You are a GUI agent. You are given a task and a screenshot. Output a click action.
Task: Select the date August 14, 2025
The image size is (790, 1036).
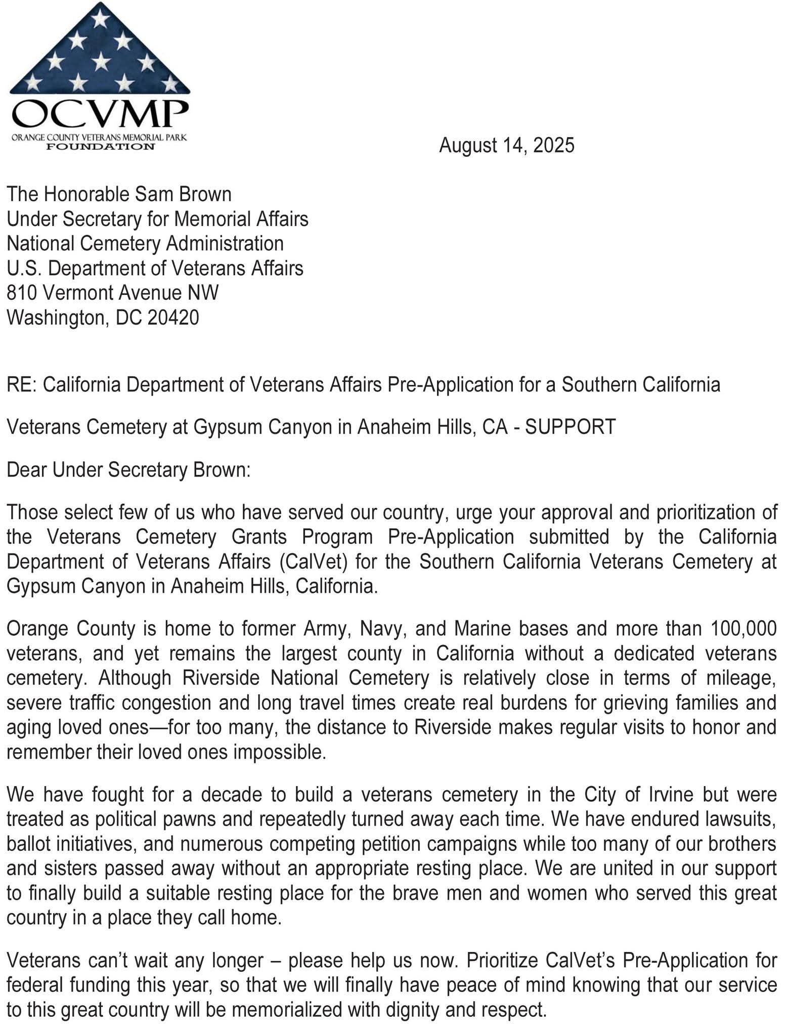click(x=506, y=145)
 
